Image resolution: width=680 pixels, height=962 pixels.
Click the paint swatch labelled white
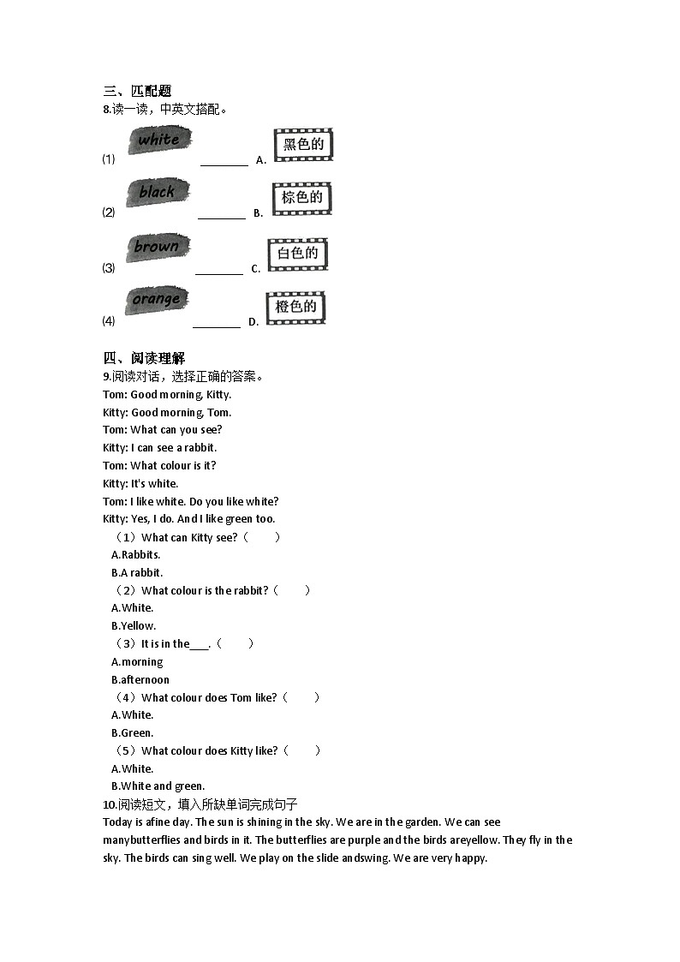(159, 140)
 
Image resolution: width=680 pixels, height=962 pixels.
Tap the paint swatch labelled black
(158, 193)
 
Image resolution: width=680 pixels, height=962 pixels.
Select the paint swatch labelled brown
(157, 248)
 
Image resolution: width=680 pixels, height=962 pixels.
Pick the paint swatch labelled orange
(156, 300)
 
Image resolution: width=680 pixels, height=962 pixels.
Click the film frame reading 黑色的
(303, 145)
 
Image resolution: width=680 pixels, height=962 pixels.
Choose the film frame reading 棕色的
(301, 198)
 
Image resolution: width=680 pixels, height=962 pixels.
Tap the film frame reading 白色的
(298, 254)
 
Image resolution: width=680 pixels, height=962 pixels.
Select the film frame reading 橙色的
(296, 307)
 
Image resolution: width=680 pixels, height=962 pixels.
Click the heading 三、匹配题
(137, 91)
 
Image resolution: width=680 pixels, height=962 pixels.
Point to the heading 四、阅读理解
(144, 358)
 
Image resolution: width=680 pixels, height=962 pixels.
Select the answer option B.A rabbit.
(137, 572)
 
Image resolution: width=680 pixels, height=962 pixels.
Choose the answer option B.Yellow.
(134, 625)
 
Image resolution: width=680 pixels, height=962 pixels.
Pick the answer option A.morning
(137, 661)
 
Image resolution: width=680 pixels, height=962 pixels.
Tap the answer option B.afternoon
(140, 679)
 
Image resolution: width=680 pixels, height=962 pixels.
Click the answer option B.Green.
(133, 732)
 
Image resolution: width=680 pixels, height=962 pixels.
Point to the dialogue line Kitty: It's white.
(140, 483)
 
